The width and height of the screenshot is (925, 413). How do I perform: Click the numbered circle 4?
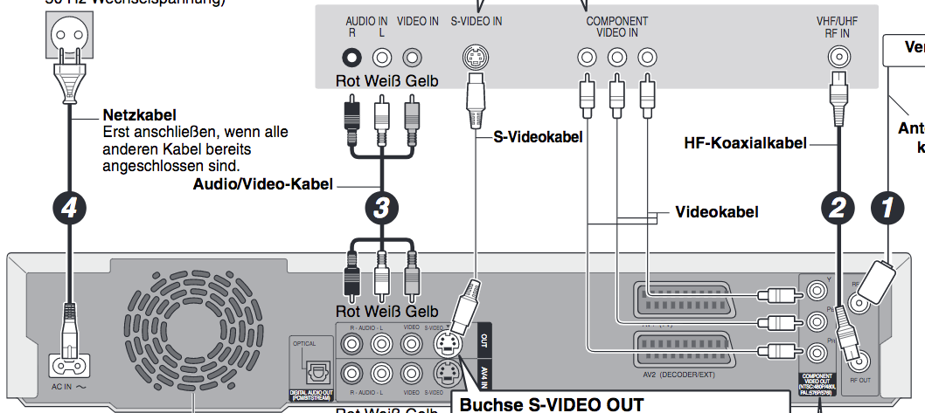point(70,208)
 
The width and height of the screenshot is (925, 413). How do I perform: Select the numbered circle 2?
point(838,208)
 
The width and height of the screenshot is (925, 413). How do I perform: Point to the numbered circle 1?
point(889,208)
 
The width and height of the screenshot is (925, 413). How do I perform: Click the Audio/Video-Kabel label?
point(262,185)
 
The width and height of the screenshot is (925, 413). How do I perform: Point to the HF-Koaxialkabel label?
point(745,142)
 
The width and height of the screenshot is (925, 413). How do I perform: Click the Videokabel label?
point(716,212)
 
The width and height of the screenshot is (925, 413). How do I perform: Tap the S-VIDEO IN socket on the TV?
point(476,59)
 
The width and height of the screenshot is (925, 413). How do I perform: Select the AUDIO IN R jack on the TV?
point(351,59)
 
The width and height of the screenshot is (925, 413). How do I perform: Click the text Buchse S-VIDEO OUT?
point(551,405)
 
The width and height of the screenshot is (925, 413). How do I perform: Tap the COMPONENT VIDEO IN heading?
point(616,26)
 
